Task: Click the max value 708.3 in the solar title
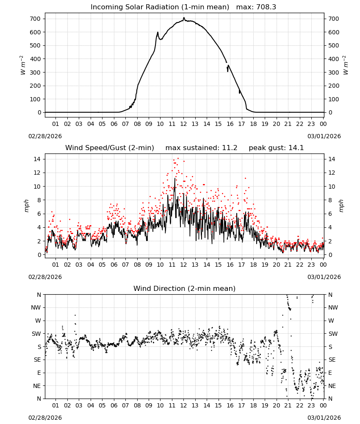tap(266, 7)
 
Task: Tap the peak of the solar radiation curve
tap(184, 18)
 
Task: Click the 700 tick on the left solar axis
tap(36, 19)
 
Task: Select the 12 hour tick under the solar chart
tap(183, 124)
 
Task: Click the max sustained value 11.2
tap(230, 148)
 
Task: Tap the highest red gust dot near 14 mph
tap(178, 159)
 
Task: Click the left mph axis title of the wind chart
tap(26, 206)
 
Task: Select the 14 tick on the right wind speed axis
tap(332, 159)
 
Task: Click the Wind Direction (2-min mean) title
tap(185, 288)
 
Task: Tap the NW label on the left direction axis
tap(36, 307)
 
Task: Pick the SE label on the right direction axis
tap(332, 360)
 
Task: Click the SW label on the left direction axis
tap(36, 334)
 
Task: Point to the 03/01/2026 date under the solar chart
tap(324, 136)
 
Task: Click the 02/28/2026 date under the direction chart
tap(45, 418)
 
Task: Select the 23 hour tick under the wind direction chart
tap(311, 405)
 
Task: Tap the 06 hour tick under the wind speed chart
tap(114, 265)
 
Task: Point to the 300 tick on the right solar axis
tap(334, 72)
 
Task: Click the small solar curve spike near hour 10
tap(158, 32)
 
